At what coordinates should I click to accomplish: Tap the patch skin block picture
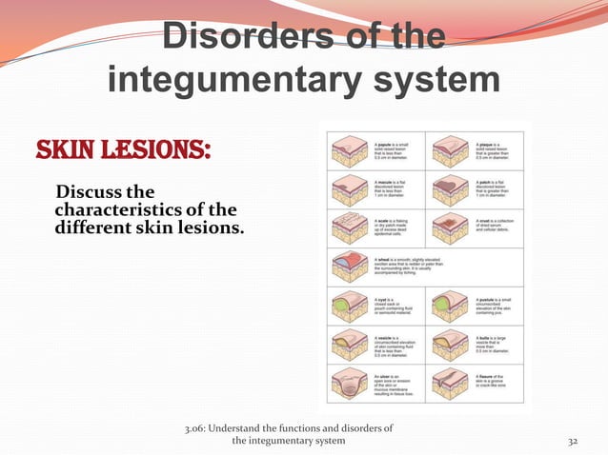pos(451,190)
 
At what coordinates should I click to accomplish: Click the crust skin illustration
pos(451,229)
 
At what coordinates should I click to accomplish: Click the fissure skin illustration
pos(451,386)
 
